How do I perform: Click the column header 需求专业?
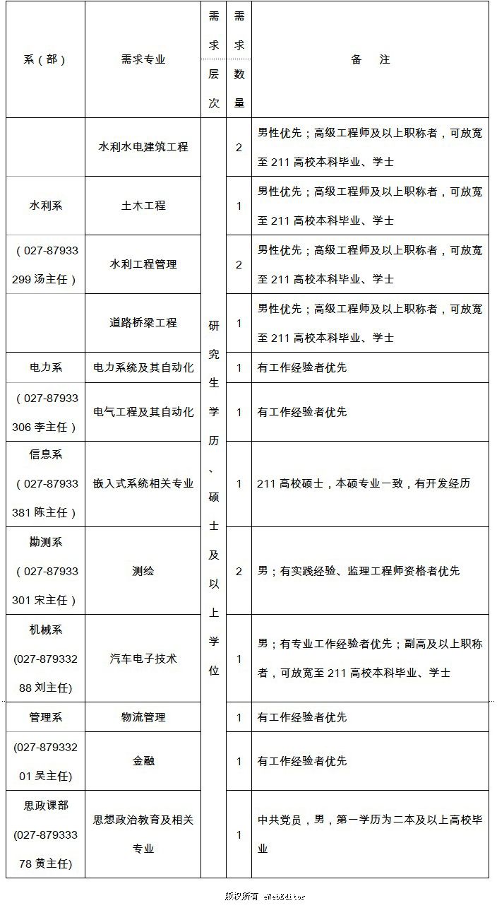(143, 60)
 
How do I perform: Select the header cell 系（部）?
(45, 60)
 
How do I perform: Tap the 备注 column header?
(370, 60)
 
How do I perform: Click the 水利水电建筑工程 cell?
(143, 147)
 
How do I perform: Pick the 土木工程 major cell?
(143, 206)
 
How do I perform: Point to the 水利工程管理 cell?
(143, 264)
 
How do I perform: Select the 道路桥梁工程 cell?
(143, 323)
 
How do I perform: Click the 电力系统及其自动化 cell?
(143, 367)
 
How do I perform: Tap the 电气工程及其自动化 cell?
(143, 412)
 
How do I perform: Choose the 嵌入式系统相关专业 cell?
(143, 483)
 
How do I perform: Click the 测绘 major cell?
(143, 570)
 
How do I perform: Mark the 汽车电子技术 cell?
(143, 658)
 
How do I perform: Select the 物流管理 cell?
(143, 717)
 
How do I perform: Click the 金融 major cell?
(143, 761)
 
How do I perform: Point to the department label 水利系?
(45, 206)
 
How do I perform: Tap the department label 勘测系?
(45, 542)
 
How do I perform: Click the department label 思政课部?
(45, 805)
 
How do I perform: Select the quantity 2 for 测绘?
(239, 570)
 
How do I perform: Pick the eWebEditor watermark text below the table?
(265, 896)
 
